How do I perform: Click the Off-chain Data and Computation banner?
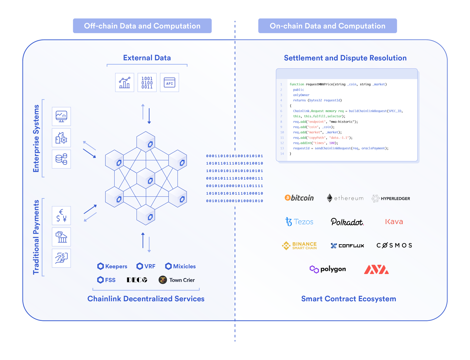pos(142,26)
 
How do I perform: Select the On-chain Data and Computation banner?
pos(327,26)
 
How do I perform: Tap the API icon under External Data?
pos(169,83)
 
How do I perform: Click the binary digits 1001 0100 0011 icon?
pos(147,83)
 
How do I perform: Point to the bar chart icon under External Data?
pos(125,83)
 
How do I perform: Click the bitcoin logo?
pos(299,198)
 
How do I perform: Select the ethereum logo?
pos(345,198)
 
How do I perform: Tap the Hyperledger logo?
pos(391,198)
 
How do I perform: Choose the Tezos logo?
pos(299,222)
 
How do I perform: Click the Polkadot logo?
pos(347,222)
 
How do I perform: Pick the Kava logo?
pos(394,222)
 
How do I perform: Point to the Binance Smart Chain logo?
pos(299,245)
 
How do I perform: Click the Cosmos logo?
pos(394,245)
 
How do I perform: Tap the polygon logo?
pos(328,269)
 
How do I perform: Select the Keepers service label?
pos(112,266)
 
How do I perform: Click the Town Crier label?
pos(177,280)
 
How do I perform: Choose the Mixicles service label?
pos(180,266)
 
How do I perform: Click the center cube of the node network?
pos(146,178)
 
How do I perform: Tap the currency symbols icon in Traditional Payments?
pos(61,216)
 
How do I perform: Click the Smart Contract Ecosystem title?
pos(348,299)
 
